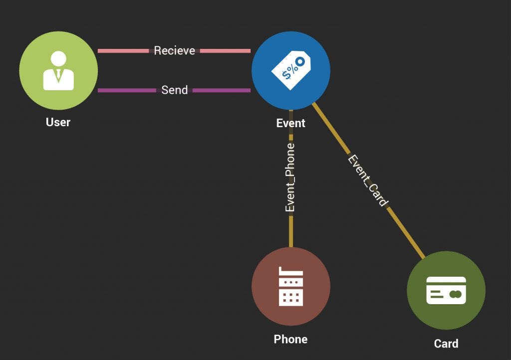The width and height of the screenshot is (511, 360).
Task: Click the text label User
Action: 58,122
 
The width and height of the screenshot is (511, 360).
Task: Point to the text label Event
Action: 290,123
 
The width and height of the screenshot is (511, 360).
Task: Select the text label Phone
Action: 290,340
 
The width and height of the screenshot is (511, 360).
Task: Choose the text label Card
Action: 446,344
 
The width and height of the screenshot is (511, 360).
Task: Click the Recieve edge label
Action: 174,51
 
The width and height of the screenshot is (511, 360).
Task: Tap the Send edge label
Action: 174,90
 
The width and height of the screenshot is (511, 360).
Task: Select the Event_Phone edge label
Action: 290,178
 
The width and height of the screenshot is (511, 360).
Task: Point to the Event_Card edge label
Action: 368,180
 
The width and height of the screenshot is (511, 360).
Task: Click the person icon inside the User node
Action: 58,71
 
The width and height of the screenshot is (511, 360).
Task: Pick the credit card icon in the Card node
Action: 446,290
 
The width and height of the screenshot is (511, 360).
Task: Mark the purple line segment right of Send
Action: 221,90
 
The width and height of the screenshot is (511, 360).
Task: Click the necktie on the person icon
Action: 58,75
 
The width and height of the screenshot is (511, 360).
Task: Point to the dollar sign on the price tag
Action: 286,75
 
